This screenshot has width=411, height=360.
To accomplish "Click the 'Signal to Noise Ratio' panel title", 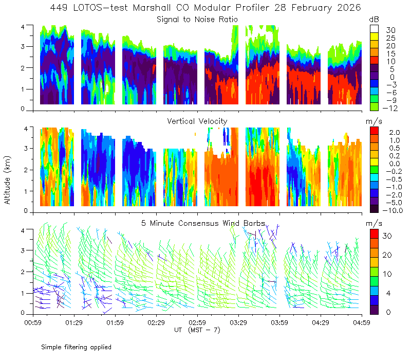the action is pyautogui.click(x=197, y=20).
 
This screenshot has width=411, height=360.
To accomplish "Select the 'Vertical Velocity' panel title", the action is pyautogui.click(x=197, y=121).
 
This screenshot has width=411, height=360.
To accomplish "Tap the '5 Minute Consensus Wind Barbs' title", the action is pyautogui.click(x=203, y=223).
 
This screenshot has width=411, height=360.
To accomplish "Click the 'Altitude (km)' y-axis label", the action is pyautogui.click(x=7, y=180).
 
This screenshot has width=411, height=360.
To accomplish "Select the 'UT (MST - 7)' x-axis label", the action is pyautogui.click(x=197, y=330).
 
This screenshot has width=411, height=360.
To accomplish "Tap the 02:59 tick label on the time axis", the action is pyautogui.click(x=197, y=322).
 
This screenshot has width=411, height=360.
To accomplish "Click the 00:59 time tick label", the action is pyautogui.click(x=33, y=322).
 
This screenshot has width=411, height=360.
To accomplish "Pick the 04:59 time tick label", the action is pyautogui.click(x=362, y=322).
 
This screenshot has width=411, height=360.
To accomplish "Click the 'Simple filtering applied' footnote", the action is pyautogui.click(x=76, y=348).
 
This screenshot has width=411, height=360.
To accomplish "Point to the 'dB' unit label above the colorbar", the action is pyautogui.click(x=374, y=20).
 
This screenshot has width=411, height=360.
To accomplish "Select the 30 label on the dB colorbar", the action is pyautogui.click(x=390, y=30).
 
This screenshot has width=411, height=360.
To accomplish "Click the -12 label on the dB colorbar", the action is pyautogui.click(x=390, y=108).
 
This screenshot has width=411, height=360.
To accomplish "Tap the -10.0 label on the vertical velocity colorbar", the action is pyautogui.click(x=393, y=210).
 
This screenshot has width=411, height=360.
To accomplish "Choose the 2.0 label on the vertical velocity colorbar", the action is pyautogui.click(x=395, y=133).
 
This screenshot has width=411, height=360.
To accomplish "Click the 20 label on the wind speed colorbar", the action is pyautogui.click(x=387, y=255).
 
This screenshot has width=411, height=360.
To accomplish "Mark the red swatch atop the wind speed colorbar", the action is pyautogui.click(x=374, y=233).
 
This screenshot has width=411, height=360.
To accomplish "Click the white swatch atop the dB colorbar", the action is pyautogui.click(x=374, y=29).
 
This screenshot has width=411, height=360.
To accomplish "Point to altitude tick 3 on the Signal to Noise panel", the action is pyautogui.click(x=23, y=46).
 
